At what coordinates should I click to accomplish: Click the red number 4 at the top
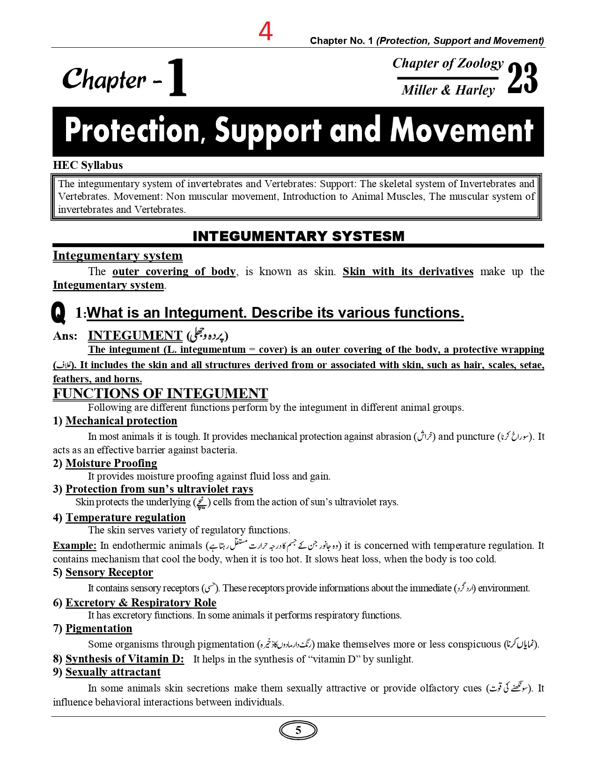click(265, 32)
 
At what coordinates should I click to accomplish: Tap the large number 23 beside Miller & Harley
click(522, 79)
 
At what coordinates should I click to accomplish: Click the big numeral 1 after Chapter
click(177, 78)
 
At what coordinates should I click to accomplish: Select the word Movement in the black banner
click(462, 131)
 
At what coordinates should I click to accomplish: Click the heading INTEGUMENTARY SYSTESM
click(298, 236)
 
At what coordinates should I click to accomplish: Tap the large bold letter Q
click(59, 312)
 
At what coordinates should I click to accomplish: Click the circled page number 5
click(298, 730)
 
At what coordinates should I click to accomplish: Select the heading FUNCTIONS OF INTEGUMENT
click(160, 393)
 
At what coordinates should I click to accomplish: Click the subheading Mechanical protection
click(121, 421)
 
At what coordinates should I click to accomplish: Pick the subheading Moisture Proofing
click(111, 463)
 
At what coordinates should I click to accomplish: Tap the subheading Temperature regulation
click(125, 517)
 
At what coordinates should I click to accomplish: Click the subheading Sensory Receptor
click(109, 572)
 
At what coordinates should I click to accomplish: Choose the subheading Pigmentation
click(99, 628)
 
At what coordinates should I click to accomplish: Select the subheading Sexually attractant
click(113, 672)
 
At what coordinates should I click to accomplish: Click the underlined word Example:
click(74, 546)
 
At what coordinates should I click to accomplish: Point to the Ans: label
click(65, 336)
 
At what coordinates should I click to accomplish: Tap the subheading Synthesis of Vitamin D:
click(125, 659)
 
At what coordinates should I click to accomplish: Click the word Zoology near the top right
click(480, 63)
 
